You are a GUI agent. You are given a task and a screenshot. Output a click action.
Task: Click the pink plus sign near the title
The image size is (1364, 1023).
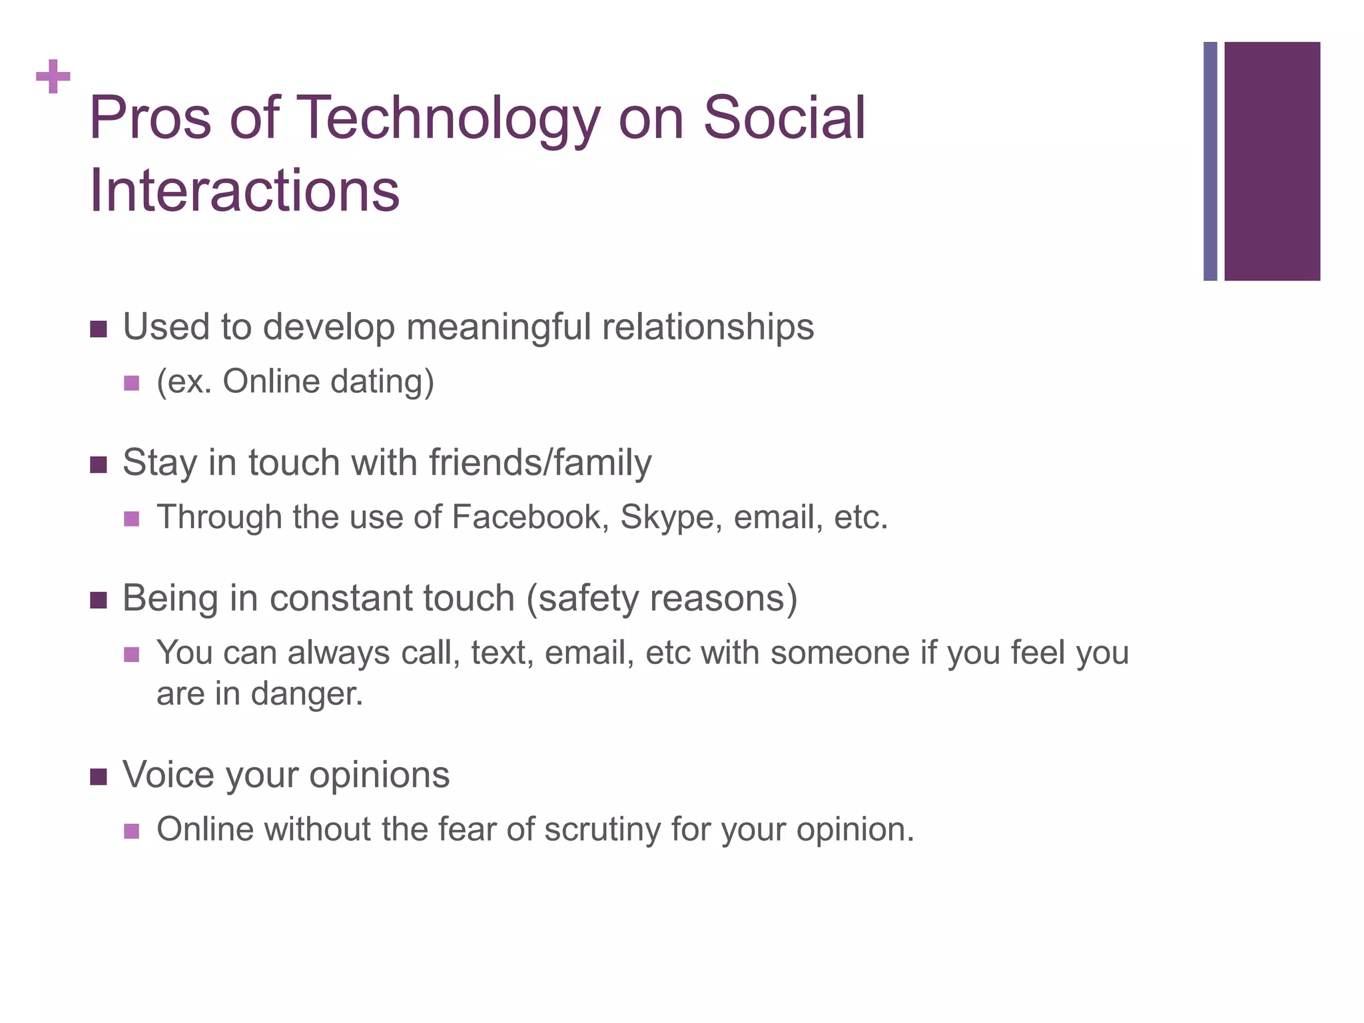click(53, 77)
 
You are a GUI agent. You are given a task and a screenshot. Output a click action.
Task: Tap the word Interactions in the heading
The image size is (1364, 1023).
click(244, 191)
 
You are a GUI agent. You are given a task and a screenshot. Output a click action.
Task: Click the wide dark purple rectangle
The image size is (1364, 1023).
click(1271, 161)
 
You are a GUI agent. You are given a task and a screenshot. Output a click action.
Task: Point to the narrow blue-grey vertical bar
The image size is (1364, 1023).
click(1210, 161)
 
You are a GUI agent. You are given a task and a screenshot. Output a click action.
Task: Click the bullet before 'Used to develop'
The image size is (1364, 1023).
click(98, 329)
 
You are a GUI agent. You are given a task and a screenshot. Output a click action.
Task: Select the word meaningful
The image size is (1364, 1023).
click(498, 328)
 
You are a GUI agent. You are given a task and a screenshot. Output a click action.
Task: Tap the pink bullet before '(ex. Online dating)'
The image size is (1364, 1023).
click(132, 384)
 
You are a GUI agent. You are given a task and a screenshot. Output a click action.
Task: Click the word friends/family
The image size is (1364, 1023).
click(540, 462)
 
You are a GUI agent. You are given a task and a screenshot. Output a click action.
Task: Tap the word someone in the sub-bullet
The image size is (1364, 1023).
click(839, 653)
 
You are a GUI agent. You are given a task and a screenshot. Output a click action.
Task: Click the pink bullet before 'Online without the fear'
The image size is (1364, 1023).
click(132, 831)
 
